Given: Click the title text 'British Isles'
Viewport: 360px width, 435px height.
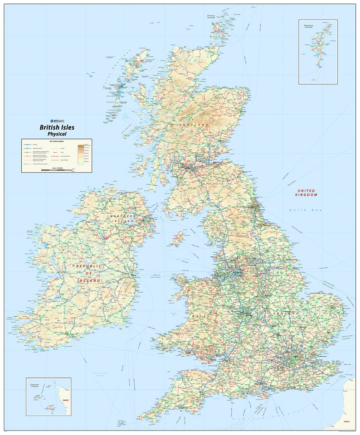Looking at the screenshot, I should click(x=57, y=128).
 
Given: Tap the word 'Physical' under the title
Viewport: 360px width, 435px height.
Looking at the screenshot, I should click(x=57, y=134).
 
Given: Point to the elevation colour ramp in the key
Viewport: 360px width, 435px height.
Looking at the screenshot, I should click(x=81, y=154).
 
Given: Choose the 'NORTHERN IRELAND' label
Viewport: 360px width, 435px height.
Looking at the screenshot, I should click(x=123, y=219).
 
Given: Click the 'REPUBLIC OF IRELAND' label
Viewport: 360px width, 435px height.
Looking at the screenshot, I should click(x=88, y=274).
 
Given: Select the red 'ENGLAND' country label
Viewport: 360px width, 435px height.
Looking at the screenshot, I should click(x=286, y=314).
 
